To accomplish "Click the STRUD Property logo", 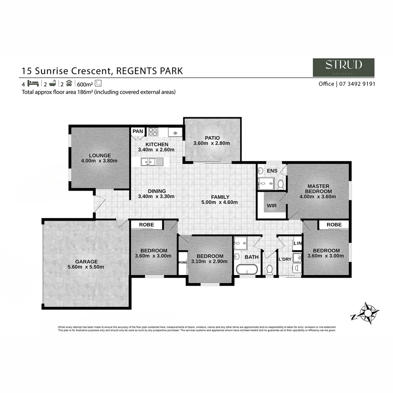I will [x=343, y=67].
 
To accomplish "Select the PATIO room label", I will [x=212, y=138].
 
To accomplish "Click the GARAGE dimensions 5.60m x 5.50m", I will [x=86, y=267].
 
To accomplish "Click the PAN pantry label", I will [x=138, y=131].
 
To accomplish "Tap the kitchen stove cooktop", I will [x=152, y=132].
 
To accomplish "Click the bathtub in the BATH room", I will [x=247, y=270].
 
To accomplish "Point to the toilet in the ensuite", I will [x=281, y=185].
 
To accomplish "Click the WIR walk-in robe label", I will [x=271, y=206].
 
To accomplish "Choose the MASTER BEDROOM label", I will [x=318, y=188].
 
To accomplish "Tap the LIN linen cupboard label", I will [x=297, y=243].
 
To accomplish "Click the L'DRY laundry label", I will [x=285, y=259].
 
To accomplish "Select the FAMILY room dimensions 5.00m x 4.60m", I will [x=219, y=202].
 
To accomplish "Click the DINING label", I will [x=157, y=191].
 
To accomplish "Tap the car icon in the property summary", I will [x=69, y=83].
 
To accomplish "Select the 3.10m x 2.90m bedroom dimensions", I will [x=210, y=261].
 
